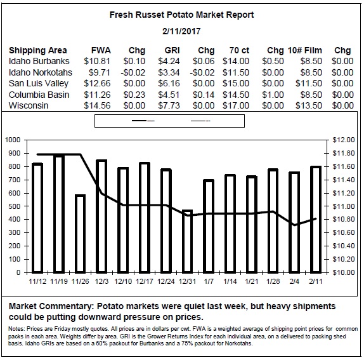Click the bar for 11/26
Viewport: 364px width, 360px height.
(81, 234)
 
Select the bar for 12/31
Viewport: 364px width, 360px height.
(187, 241)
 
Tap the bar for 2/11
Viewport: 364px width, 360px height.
(316, 220)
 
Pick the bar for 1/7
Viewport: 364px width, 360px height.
(209, 226)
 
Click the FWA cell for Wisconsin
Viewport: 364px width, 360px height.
(97, 105)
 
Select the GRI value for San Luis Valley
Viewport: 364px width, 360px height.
(169, 83)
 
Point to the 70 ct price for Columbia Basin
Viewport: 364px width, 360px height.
(236, 95)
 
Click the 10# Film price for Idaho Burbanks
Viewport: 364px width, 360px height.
(311, 61)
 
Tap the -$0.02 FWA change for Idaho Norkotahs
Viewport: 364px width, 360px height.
(133, 72)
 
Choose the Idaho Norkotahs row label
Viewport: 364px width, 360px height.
(41, 72)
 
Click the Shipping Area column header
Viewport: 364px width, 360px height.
(38, 50)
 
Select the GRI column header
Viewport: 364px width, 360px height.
(172, 50)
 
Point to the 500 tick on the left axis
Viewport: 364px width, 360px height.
(15, 206)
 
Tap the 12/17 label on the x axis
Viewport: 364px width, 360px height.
(145, 281)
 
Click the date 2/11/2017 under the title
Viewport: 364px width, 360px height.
(181, 31)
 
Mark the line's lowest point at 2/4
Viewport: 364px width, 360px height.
(295, 225)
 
